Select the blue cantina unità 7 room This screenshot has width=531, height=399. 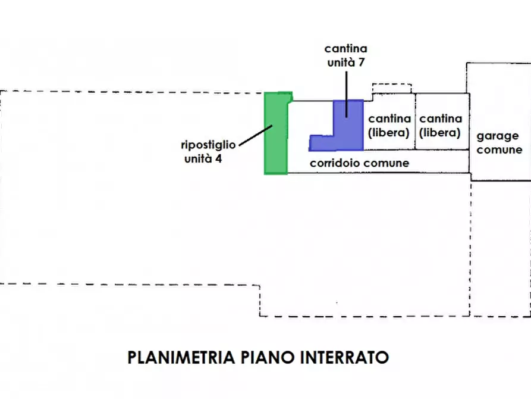(351, 134)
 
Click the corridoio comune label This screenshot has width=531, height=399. (359, 163)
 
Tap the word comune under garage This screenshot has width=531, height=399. (499, 150)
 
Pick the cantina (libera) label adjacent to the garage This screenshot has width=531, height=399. (441, 125)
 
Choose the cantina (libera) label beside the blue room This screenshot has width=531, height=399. (389, 125)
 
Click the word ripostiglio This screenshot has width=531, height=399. (208, 145)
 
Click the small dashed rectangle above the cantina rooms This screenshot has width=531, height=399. (392, 88)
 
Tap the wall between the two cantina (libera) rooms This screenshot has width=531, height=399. (415, 122)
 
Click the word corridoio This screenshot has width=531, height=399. (335, 163)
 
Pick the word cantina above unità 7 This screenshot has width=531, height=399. (345, 48)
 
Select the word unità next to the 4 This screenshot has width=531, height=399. (197, 159)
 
